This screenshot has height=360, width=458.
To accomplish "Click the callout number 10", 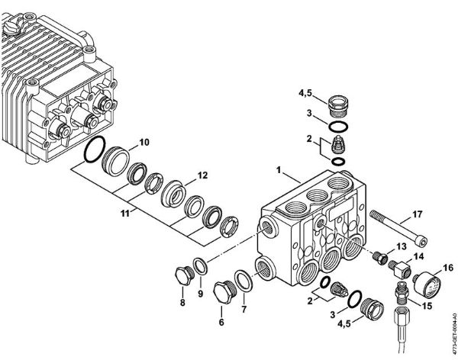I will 144,143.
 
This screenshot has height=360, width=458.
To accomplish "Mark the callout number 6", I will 223,322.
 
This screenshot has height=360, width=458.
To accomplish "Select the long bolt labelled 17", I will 398,227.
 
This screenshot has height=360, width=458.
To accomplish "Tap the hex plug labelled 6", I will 223,292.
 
